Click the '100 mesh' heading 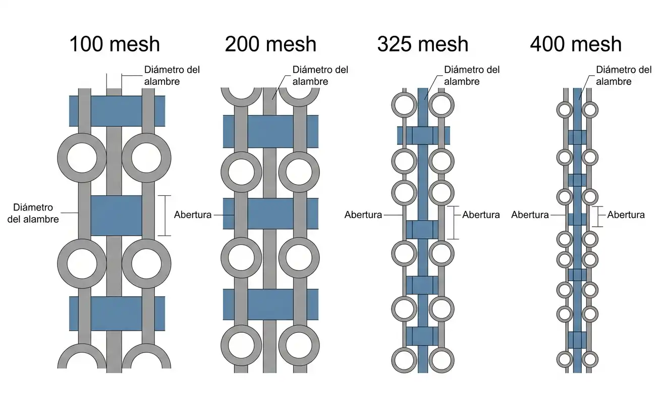point(115,44)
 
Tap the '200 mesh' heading point(270,44)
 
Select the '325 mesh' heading point(423,44)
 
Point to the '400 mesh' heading point(576,44)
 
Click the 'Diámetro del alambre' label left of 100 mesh point(33,213)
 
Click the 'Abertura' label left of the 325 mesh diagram point(363,215)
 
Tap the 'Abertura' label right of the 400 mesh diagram point(626,215)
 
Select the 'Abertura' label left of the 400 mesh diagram point(530,215)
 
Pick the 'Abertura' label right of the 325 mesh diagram point(481,215)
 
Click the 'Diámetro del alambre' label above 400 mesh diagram point(624,76)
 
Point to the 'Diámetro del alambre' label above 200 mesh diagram point(320,76)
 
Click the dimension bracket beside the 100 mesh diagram point(164,216)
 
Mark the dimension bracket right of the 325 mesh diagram point(453,223)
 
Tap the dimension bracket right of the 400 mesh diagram point(597,217)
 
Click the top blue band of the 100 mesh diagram point(117,111)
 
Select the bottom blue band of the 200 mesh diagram point(271,304)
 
